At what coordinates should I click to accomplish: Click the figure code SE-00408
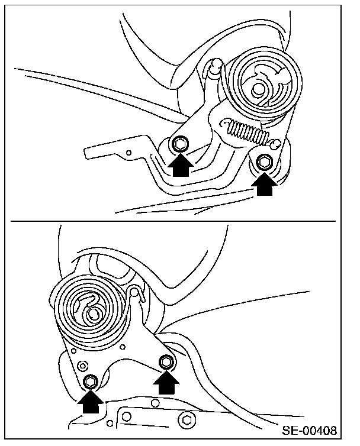coord(310,431)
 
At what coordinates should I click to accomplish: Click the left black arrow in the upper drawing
coord(181,164)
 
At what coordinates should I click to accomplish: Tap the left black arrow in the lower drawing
coord(91,402)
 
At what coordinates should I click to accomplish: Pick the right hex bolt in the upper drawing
coord(264,162)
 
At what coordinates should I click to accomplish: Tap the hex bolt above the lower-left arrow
coord(91,382)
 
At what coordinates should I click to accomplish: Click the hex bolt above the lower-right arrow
coord(166,362)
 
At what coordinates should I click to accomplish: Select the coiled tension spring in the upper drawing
coord(246,131)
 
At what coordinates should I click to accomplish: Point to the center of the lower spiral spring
coord(93,314)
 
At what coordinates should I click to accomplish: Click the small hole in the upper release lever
coord(128,153)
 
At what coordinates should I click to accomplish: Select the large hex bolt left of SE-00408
coord(187,419)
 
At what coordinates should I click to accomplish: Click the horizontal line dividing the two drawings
coord(173,221)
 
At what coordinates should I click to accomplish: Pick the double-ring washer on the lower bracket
coord(83,366)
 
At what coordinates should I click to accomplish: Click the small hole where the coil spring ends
coord(275,143)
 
